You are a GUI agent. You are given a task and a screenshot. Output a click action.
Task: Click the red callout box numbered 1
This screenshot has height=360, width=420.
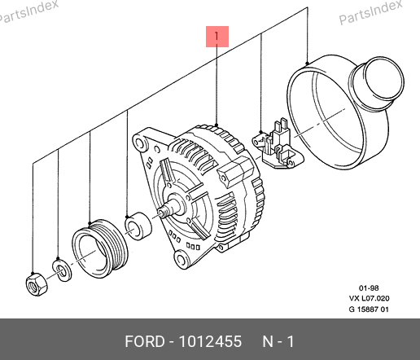[217, 37]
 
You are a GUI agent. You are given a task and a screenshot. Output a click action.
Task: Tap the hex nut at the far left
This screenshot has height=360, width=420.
[37, 284]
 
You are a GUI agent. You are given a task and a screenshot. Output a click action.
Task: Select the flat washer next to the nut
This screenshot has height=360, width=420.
[62, 270]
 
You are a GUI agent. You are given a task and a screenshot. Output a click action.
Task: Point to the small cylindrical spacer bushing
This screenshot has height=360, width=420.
[138, 226]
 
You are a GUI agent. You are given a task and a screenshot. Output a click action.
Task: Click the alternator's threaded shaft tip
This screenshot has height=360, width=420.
[163, 212]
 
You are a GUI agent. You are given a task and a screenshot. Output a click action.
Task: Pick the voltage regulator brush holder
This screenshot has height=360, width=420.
[278, 147]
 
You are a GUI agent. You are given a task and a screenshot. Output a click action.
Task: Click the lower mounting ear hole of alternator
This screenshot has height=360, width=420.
[182, 259]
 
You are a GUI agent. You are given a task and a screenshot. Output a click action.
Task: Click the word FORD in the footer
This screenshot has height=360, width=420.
[145, 341]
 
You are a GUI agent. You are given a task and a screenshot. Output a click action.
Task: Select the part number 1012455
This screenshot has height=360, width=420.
[210, 341]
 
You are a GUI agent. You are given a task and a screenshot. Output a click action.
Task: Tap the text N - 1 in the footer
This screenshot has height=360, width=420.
[278, 341]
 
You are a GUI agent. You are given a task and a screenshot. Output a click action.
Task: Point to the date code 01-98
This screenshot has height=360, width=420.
[369, 288]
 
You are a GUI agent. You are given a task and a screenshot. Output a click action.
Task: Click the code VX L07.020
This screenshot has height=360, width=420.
[369, 298]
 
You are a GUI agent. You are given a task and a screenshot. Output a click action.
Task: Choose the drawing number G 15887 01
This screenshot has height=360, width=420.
[369, 310]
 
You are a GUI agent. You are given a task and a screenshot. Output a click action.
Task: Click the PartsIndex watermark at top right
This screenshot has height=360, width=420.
[370, 12]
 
